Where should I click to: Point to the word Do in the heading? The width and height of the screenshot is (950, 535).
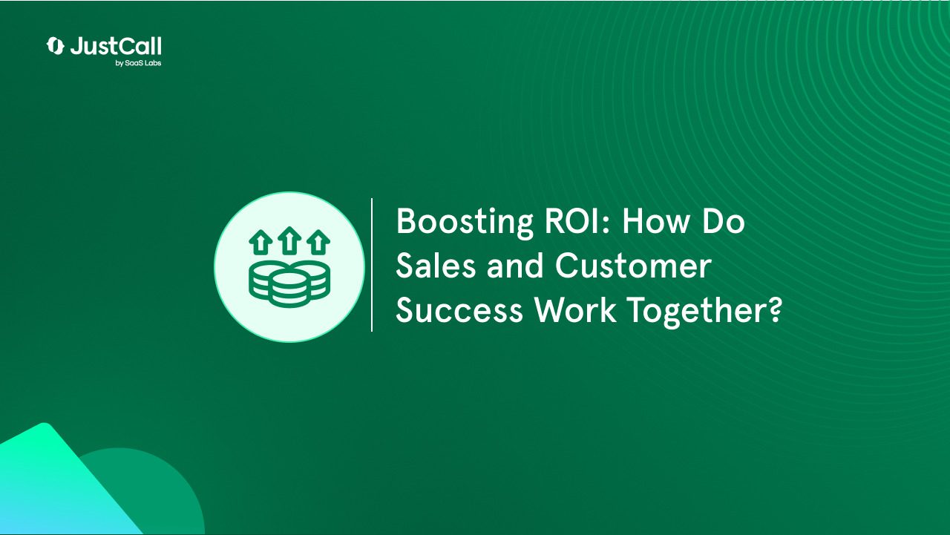tap(724, 220)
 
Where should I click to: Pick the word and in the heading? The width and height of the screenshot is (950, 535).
tap(515, 266)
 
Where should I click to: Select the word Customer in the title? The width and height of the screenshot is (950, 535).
tap(633, 266)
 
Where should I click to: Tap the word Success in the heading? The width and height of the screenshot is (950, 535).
tap(459, 310)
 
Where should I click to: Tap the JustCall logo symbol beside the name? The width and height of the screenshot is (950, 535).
tap(55, 46)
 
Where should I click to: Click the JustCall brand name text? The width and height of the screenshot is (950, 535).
tap(116, 46)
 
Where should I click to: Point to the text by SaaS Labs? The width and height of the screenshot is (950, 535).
tap(138, 63)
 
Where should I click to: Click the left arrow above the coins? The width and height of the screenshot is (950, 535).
tap(261, 242)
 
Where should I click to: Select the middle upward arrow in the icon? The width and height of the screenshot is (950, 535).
tap(289, 240)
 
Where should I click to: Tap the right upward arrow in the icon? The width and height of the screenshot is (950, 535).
tap(318, 242)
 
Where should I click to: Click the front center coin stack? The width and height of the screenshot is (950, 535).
tap(289, 289)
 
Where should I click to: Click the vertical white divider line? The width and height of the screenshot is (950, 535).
tap(372, 265)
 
